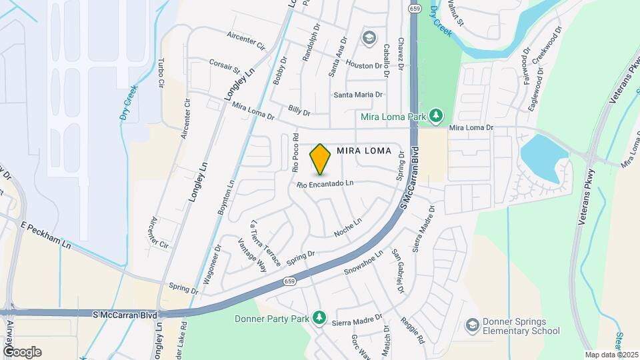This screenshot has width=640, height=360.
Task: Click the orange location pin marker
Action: (x=320, y=159)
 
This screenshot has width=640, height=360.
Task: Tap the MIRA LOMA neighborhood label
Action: (x=363, y=150)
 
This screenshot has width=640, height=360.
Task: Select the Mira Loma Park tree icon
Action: (x=435, y=117)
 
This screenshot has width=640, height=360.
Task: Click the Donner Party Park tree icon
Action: (x=319, y=317)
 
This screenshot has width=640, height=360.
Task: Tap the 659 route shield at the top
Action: (x=415, y=7)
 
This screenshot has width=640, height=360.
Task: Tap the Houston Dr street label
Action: (x=363, y=65)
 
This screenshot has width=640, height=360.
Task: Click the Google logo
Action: (x=22, y=351)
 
